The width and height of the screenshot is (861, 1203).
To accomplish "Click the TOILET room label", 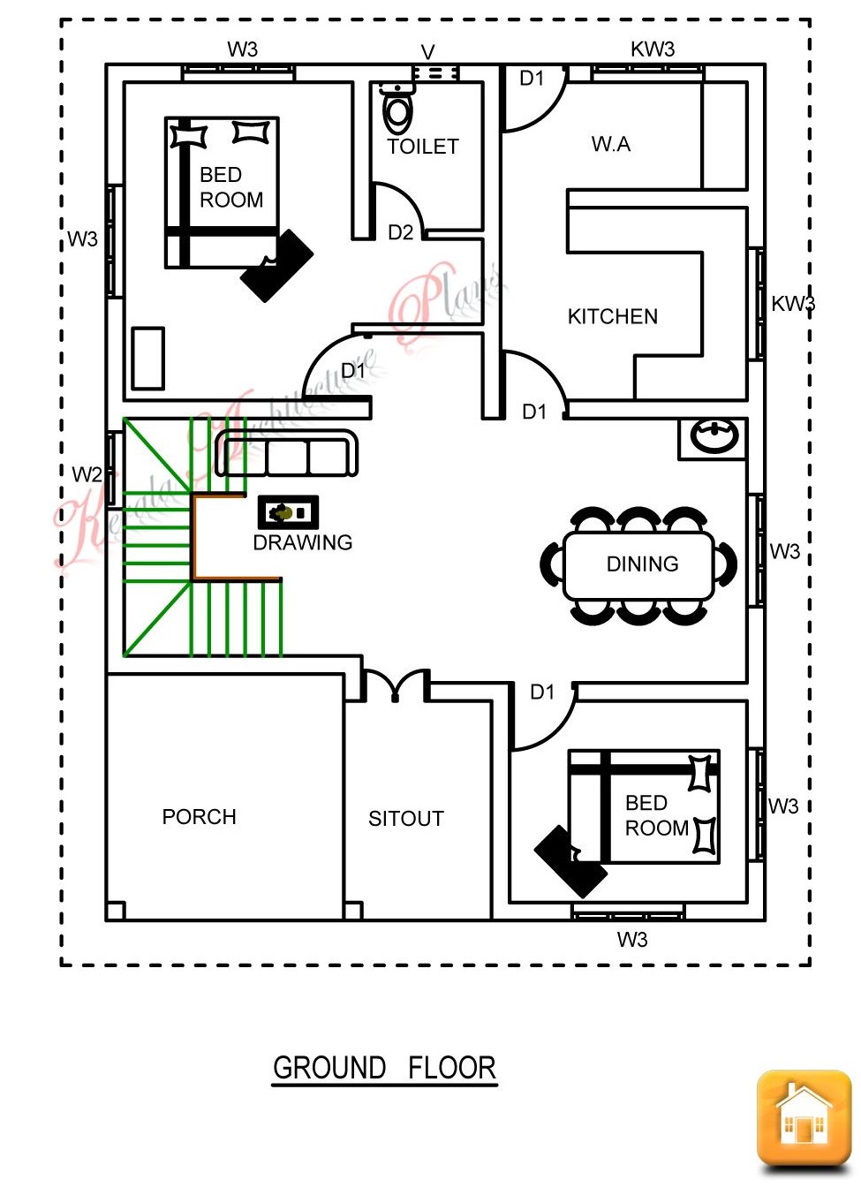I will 423,147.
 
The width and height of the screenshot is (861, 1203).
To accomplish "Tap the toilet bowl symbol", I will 398,112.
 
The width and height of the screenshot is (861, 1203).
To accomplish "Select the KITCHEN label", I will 612,316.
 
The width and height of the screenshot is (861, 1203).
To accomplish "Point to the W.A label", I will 611,144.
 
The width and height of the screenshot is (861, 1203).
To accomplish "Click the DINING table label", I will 642,564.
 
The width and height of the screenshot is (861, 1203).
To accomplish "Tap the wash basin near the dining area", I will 714,436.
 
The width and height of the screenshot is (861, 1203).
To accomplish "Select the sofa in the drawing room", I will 287,455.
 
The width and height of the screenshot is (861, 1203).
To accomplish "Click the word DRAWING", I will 302,542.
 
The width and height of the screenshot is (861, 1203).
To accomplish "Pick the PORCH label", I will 199,816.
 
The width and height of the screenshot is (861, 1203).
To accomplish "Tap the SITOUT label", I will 405,819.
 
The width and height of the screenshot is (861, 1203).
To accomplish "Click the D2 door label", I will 400,232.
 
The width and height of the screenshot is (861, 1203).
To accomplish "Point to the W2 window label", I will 87,474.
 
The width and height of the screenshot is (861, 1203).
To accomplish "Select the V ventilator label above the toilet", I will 428,52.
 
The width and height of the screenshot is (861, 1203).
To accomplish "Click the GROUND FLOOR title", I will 384,1068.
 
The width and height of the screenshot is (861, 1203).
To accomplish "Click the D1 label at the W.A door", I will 532,79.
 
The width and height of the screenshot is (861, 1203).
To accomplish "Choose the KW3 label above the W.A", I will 653,49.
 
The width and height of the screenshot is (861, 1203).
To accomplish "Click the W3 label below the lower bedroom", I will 632,940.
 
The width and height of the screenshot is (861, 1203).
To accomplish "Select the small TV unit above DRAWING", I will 288,512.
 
